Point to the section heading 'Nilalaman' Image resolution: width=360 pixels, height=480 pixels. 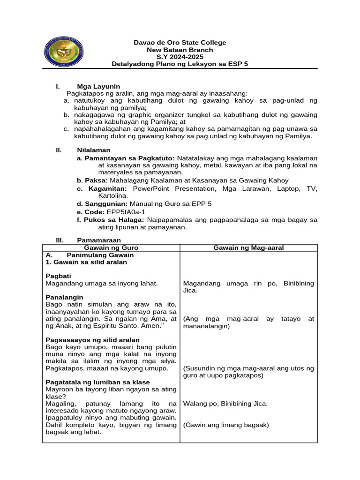tap(94, 150)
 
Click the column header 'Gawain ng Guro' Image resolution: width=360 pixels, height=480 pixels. tap(111, 247)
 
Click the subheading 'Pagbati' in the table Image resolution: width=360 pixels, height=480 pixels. tap(58, 276)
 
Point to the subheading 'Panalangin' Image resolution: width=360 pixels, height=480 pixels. tap(64, 297)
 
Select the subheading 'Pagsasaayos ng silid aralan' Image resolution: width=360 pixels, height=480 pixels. tap(92, 340)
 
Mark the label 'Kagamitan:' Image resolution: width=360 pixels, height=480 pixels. tap(106, 188)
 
